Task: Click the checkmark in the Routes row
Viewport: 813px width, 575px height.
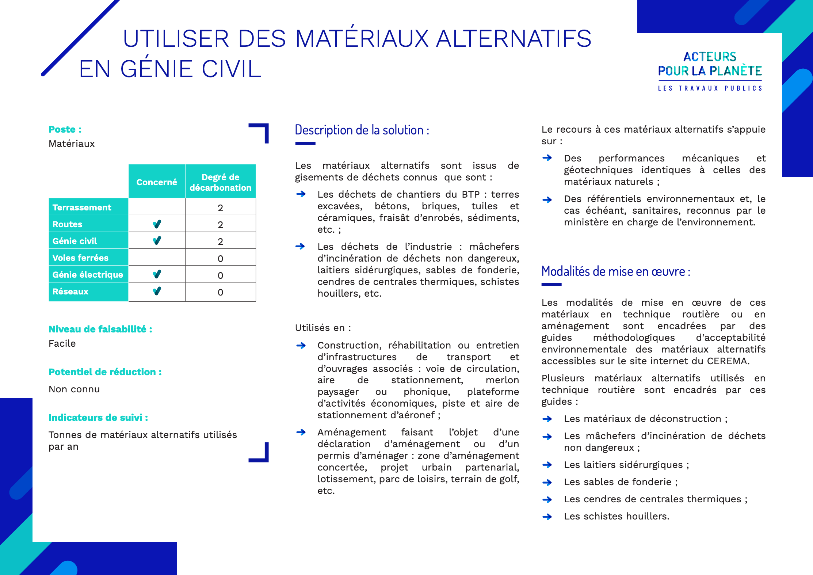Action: click(x=157, y=224)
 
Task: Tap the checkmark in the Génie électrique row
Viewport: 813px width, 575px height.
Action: click(x=157, y=274)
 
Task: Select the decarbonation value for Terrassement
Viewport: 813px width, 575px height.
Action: click(x=220, y=208)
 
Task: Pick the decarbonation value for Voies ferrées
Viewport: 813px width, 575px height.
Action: click(x=220, y=258)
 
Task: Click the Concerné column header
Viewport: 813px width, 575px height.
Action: click(x=157, y=182)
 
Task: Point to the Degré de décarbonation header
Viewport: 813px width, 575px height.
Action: click(x=220, y=182)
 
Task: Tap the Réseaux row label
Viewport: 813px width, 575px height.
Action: click(x=70, y=292)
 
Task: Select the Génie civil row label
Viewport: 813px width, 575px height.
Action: click(x=75, y=241)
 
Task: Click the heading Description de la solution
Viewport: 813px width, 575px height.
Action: click(x=362, y=130)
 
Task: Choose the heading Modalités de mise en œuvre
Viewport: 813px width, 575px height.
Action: click(x=615, y=271)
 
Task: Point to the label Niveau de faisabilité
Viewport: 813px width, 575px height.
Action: click(x=100, y=329)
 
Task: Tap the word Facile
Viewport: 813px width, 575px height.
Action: click(x=62, y=343)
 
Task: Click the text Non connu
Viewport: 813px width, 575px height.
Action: click(x=74, y=389)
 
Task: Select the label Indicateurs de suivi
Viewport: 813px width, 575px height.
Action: click(x=98, y=418)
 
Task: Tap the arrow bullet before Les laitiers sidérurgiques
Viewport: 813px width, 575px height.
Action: click(x=547, y=465)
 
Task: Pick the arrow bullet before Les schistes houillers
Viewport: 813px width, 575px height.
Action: click(x=547, y=517)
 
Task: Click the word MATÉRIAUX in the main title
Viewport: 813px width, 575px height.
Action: click(x=362, y=38)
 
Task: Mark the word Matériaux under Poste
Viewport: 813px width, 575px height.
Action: click(x=72, y=144)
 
